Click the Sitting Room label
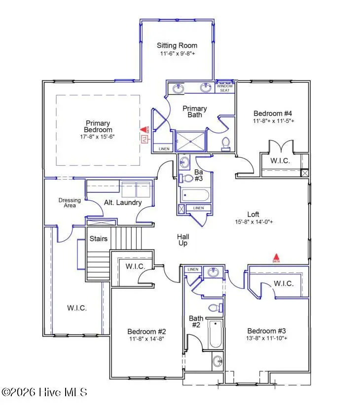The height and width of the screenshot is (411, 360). (177, 45)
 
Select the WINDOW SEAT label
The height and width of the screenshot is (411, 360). (224, 88)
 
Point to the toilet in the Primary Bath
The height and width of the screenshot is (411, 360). (226, 143)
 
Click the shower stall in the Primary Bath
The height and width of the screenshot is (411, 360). (190, 141)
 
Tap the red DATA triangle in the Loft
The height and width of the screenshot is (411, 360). (277, 257)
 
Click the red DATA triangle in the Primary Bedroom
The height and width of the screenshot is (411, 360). (144, 130)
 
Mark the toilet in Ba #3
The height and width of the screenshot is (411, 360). (187, 178)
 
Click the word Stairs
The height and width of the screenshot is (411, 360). (99, 239)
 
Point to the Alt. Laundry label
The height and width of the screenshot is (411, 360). (123, 202)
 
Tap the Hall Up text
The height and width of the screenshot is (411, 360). (183, 240)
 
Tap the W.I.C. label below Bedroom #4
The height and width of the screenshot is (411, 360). (279, 161)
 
